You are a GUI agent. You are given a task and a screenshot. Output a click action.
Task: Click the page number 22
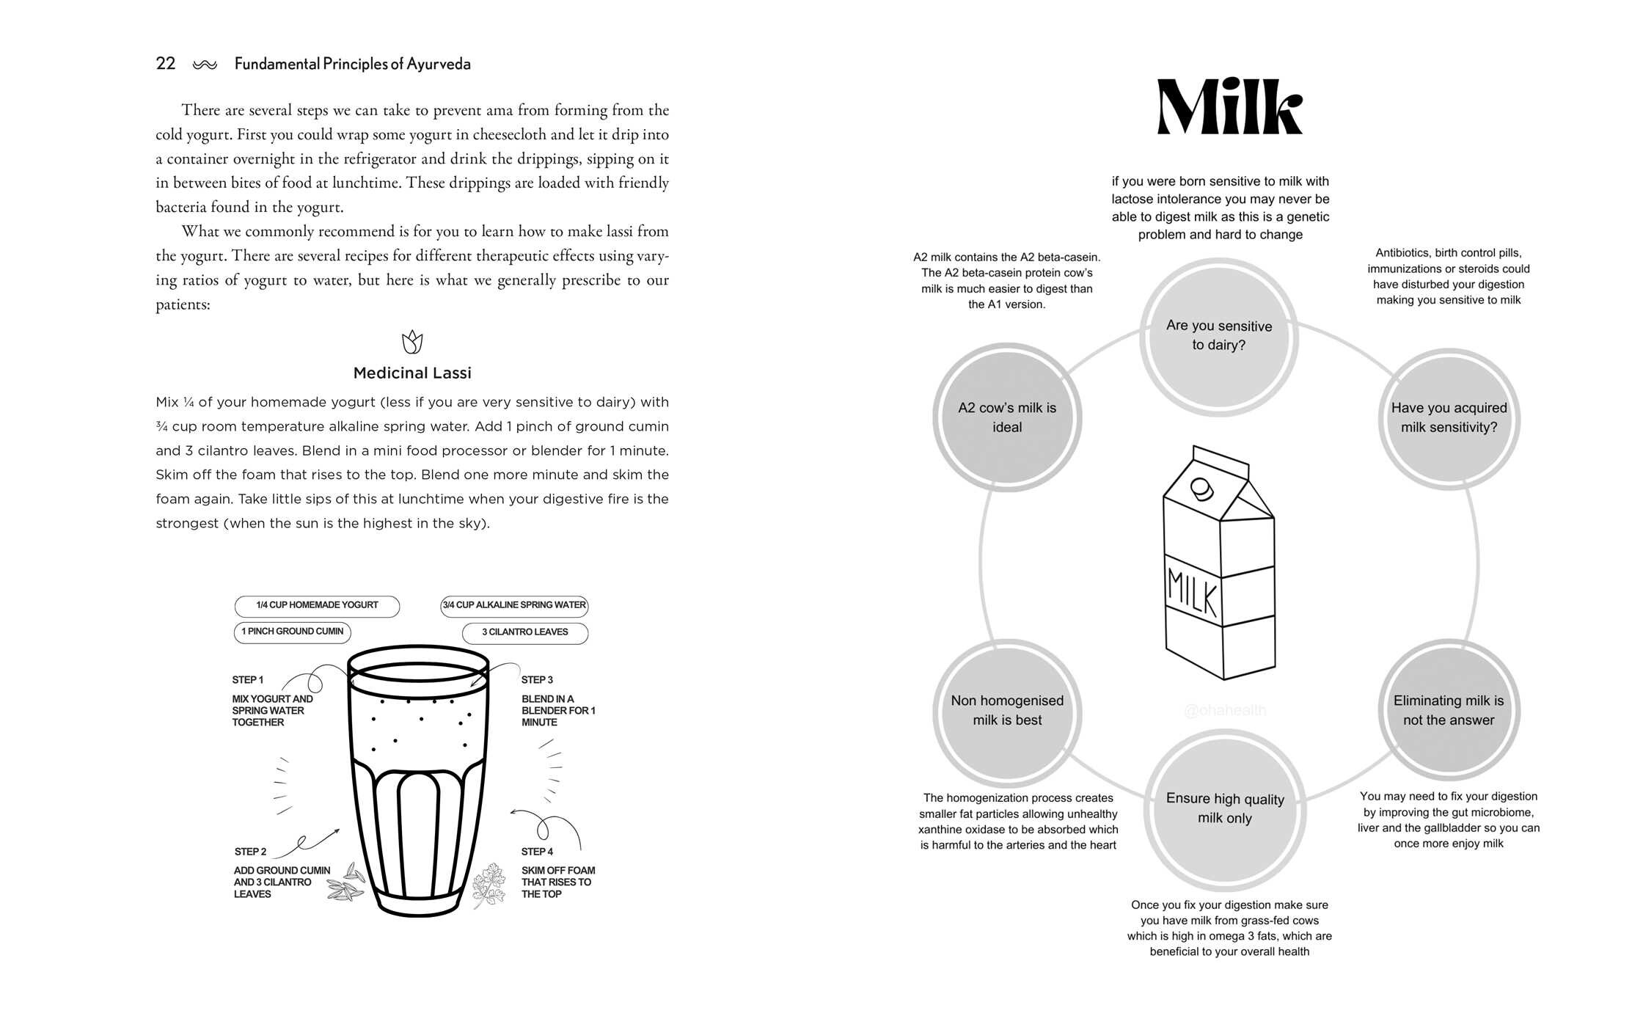pos(166,64)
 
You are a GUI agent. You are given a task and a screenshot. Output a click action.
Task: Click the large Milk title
pos(1229,107)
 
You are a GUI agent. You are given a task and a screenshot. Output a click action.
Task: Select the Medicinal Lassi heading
pos(412,373)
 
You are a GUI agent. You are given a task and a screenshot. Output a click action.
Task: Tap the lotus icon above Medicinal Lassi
pos(412,341)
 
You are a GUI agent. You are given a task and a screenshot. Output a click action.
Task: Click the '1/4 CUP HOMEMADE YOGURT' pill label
pos(317,606)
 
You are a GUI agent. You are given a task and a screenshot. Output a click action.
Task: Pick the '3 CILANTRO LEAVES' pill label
pos(525,632)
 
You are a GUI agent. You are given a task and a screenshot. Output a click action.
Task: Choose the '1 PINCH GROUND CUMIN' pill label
pos(293,632)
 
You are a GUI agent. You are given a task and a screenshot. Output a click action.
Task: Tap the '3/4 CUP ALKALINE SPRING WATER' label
pos(514,606)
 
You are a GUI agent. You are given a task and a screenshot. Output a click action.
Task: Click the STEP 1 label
pos(248,680)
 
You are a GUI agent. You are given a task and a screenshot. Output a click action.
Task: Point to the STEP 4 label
pos(537,852)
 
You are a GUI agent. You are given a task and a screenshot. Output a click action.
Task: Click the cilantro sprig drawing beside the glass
pos(488,884)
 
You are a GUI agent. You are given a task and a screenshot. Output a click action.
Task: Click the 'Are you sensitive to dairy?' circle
pos(1219,337)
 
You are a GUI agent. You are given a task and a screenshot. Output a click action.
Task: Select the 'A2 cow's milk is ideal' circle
pos(1007,417)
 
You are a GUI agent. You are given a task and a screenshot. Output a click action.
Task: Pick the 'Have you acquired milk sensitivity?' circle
pos(1449,418)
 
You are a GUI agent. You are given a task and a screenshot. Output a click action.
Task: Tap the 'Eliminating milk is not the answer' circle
pos(1449,710)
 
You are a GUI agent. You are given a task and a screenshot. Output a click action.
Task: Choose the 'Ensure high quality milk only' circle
pos(1225,809)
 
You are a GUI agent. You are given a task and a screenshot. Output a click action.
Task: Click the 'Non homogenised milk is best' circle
pos(1007,710)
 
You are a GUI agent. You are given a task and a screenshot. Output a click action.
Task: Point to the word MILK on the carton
pos(1192,591)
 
